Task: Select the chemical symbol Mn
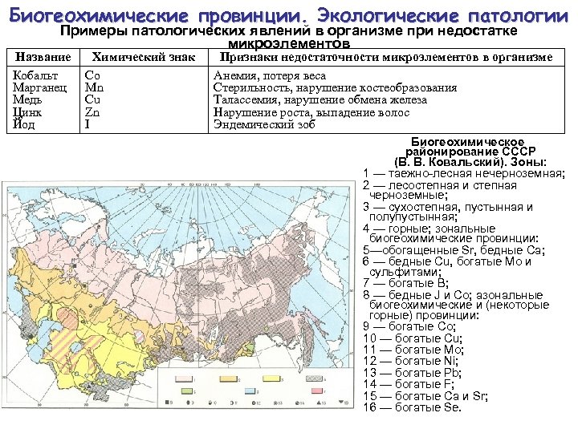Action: click(x=93, y=87)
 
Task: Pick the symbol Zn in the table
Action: click(x=92, y=112)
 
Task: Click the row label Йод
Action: click(x=23, y=124)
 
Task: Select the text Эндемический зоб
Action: click(x=264, y=124)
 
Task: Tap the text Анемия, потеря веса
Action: click(x=270, y=75)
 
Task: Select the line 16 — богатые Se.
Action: click(x=412, y=407)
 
